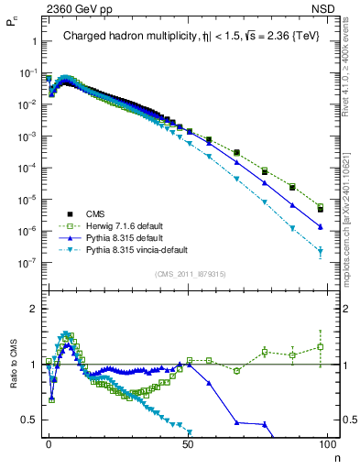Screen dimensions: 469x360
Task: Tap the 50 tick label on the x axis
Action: tap(188, 442)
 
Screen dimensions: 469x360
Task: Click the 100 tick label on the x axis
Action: tap(327, 442)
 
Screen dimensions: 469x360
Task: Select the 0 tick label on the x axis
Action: tap(49, 442)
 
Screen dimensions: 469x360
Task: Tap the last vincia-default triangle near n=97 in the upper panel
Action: tap(320, 251)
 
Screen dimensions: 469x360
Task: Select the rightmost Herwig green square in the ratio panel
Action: tap(320, 346)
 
